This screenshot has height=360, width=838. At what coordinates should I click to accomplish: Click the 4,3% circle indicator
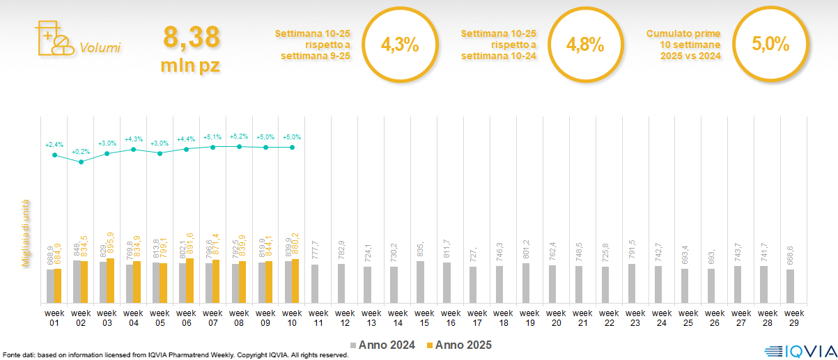coord(400,45)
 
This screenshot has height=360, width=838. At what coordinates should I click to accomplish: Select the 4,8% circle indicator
coord(584,45)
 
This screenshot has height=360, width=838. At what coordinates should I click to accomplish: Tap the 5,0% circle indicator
coord(770,45)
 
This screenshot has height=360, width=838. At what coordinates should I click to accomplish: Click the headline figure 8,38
coord(192,36)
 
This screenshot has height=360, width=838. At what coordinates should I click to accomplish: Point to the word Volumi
coord(100,48)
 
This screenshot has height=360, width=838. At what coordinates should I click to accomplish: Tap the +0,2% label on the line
coord(81,151)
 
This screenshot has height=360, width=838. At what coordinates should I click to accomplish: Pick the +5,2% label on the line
coord(239,136)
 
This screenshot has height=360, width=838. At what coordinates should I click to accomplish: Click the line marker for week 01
coord(54,155)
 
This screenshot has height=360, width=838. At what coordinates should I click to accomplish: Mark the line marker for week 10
coord(292,147)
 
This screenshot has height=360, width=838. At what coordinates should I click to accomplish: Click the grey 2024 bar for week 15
coord(420,282)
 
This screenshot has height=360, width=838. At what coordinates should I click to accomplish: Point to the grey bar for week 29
coord(790,285)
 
